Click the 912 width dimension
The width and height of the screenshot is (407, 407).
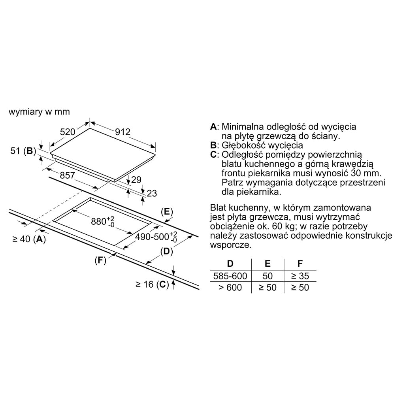click(123, 132)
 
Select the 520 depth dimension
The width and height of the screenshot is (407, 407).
click(68, 132)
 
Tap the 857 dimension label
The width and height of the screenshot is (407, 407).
click(68, 175)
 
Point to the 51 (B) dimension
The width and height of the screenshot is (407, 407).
click(23, 151)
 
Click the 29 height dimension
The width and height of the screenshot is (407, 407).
click(136, 180)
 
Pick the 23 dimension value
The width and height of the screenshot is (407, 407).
click(152, 193)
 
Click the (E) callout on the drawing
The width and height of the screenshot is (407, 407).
click(167, 212)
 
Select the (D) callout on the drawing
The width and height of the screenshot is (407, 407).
click(167, 251)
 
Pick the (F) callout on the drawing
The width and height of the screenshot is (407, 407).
click(101, 260)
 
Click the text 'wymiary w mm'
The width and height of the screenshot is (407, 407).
click(39, 112)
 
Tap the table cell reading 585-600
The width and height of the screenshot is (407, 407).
click(230, 276)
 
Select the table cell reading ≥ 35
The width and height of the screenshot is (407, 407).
click(300, 276)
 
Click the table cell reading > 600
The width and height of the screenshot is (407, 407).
click(230, 287)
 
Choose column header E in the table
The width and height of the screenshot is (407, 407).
click(268, 264)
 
